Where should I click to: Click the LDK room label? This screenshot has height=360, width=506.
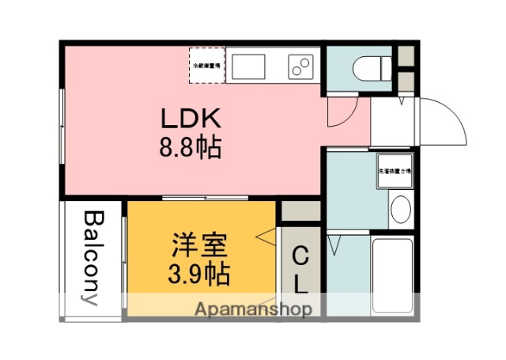190,119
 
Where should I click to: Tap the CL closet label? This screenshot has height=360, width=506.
300,269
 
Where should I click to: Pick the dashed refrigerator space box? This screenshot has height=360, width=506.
207,65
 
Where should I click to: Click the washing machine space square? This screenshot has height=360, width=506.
394,169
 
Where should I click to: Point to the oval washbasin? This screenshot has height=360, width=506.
400,210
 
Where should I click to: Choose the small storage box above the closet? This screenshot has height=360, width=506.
300,210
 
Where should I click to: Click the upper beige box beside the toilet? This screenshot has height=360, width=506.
405,55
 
